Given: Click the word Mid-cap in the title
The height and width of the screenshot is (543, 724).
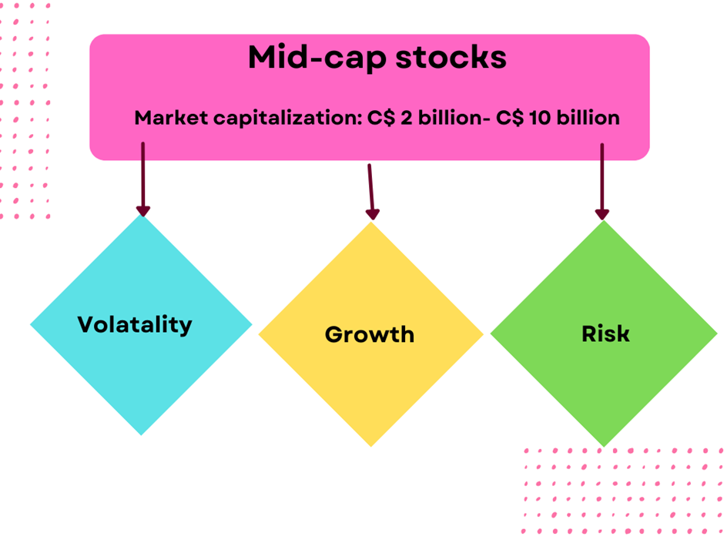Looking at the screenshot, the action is [317, 59].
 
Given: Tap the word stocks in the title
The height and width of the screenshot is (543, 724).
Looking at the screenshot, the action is [451, 58].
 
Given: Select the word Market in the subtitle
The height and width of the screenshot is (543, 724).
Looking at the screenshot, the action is [171, 118].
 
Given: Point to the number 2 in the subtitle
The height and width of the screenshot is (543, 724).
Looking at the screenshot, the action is [407, 118].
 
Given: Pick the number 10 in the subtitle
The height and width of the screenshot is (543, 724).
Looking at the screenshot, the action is [540, 118].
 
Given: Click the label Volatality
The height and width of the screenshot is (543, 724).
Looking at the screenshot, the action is [134, 325].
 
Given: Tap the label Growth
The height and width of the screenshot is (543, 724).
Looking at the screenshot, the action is [370, 334].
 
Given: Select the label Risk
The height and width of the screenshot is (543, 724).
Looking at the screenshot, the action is [605, 334].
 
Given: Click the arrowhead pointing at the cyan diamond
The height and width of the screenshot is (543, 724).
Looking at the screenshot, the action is [143, 211].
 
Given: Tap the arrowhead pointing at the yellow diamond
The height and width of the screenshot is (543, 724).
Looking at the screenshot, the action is [373, 214].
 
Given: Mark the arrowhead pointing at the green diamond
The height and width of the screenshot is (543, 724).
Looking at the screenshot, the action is [602, 214].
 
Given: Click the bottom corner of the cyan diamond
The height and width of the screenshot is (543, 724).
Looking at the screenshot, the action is [141, 435].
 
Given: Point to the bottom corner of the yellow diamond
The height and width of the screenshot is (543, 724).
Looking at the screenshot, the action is [370, 447].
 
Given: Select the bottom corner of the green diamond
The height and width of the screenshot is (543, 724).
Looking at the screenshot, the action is [604, 447].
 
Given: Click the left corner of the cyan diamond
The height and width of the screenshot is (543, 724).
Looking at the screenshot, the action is [31, 324].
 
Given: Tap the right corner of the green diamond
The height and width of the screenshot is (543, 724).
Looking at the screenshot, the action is [717, 334].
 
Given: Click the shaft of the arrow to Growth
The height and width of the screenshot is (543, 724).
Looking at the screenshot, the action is [370, 187].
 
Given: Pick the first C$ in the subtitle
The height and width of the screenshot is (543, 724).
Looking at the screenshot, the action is [381, 118].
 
